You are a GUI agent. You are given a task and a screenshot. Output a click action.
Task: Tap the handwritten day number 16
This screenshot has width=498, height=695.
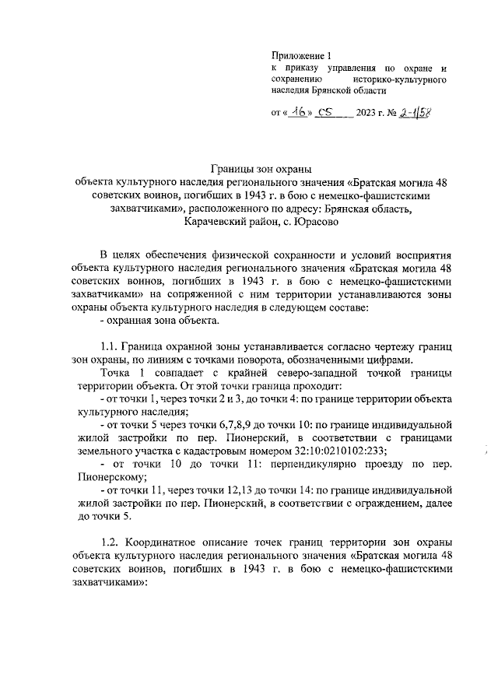tap(299, 111)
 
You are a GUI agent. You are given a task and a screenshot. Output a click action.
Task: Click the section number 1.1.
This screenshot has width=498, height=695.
tap(111, 346)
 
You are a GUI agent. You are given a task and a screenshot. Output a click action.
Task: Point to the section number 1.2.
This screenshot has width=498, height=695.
tap(111, 542)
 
